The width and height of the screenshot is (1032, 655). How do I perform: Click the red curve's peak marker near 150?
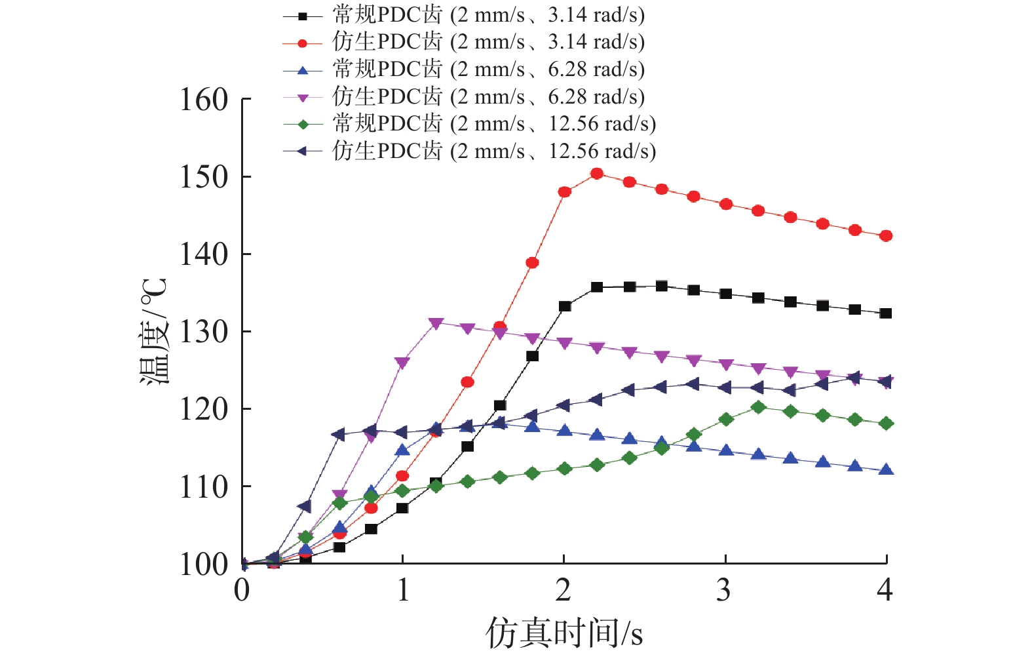click(x=596, y=174)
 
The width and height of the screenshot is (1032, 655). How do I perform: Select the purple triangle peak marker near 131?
click(x=436, y=323)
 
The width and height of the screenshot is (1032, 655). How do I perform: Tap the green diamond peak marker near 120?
click(x=758, y=407)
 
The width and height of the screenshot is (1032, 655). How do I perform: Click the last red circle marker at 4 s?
click(x=886, y=236)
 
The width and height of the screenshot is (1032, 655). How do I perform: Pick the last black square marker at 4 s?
click(x=886, y=313)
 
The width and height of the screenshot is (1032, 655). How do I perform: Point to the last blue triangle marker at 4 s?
click(x=886, y=469)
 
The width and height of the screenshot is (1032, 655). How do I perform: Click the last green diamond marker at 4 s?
click(x=886, y=424)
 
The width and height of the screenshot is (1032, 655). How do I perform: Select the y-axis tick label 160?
click(x=204, y=100)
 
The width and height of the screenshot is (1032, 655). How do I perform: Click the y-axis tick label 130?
click(x=204, y=332)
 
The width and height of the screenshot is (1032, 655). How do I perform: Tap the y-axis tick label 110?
click(x=204, y=487)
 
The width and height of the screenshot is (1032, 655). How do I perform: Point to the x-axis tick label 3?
click(x=723, y=591)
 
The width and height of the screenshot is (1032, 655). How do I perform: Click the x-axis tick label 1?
click(x=403, y=591)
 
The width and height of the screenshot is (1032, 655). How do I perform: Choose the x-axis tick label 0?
click(x=242, y=591)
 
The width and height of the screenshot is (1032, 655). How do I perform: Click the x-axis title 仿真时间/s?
click(x=564, y=633)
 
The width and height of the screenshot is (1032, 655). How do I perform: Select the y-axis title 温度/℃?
click(x=155, y=331)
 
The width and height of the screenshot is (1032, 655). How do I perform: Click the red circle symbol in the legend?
click(x=302, y=43)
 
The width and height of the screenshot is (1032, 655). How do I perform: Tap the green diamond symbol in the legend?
click(x=302, y=124)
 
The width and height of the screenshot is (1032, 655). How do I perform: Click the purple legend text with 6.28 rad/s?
click(x=488, y=97)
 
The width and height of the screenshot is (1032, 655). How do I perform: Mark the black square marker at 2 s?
click(x=565, y=306)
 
